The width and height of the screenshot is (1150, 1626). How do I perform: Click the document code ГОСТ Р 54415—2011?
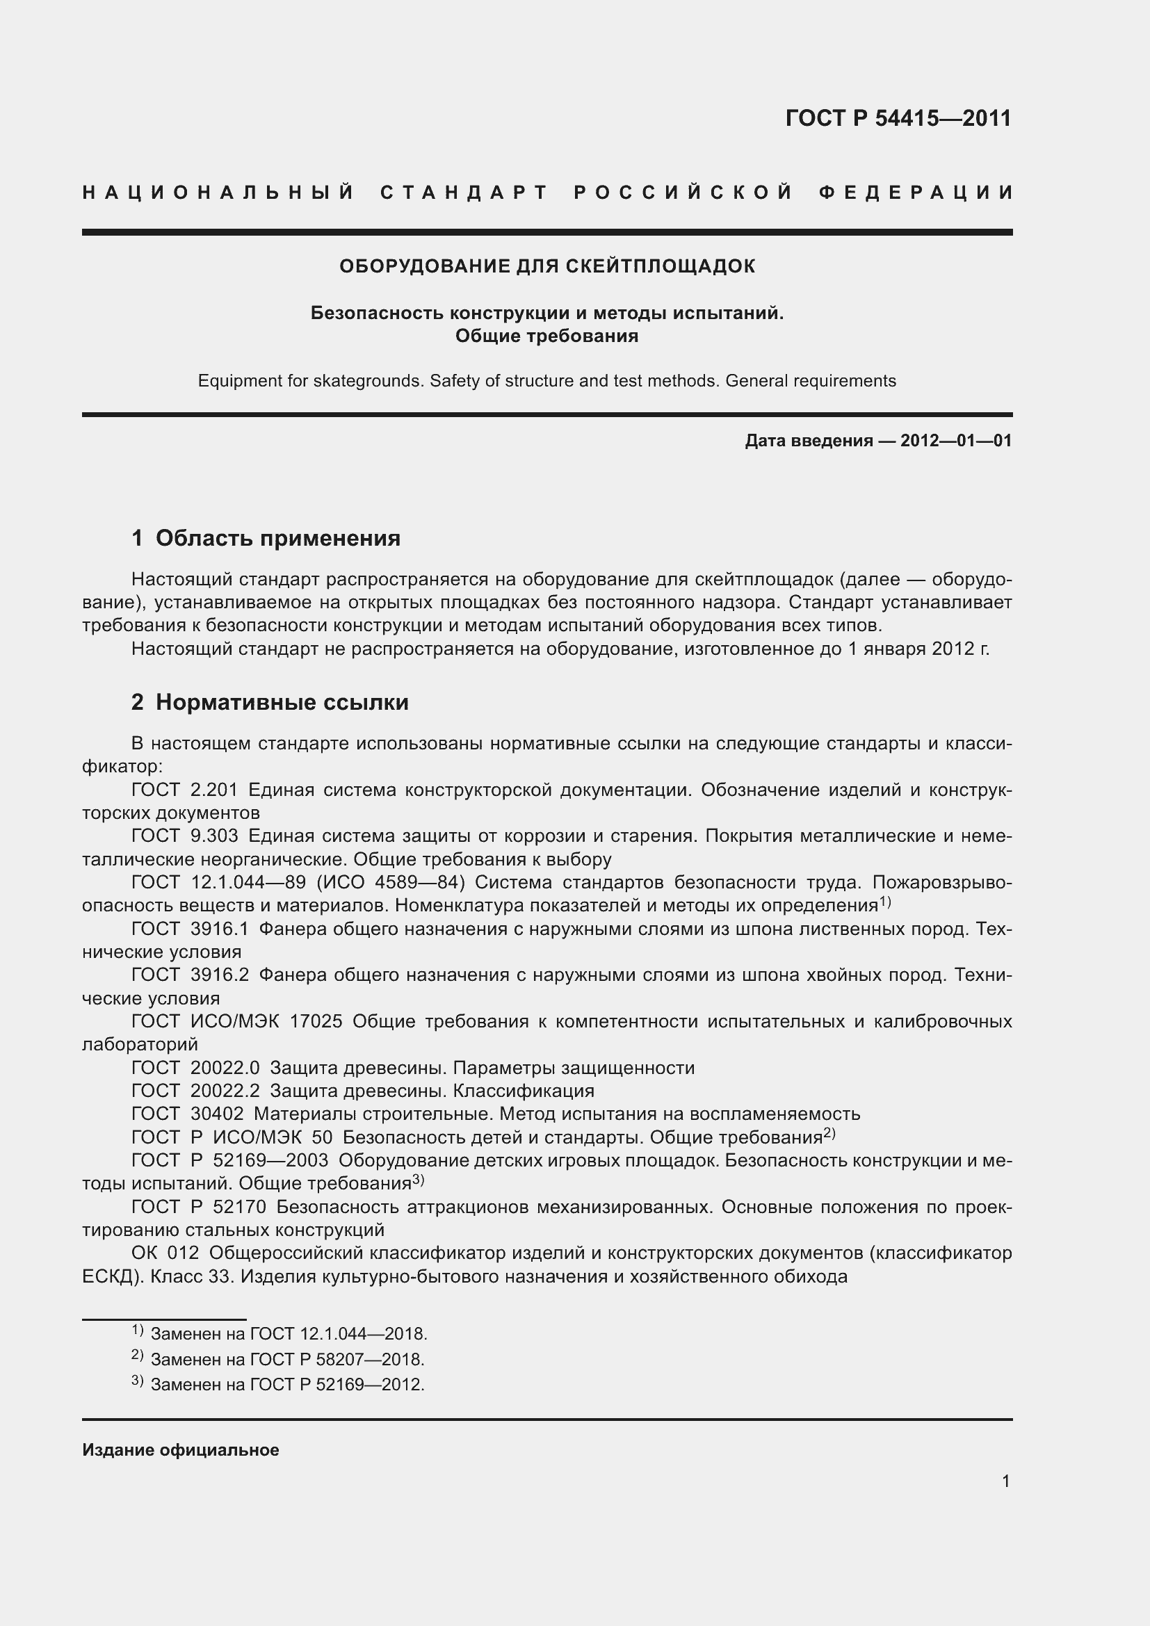pyautogui.click(x=898, y=118)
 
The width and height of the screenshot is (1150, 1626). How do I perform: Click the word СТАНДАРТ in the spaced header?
pyautogui.click(x=464, y=193)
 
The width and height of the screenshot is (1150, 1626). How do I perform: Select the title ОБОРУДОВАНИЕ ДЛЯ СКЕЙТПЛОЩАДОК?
pyautogui.click(x=546, y=266)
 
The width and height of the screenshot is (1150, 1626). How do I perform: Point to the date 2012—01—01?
pyautogui.click(x=955, y=441)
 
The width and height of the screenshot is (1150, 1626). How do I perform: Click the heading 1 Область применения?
pyautogui.click(x=266, y=538)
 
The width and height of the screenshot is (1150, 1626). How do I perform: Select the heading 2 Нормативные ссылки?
pyautogui.click(x=270, y=703)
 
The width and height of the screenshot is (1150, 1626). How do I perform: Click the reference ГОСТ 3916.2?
pyautogui.click(x=190, y=975)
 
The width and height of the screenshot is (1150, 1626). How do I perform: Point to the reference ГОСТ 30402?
pyautogui.click(x=188, y=1114)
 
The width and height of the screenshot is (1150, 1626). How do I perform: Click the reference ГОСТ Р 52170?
pyautogui.click(x=199, y=1207)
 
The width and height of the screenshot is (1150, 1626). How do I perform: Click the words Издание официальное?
pyautogui.click(x=181, y=1450)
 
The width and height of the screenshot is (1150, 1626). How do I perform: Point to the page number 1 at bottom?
pyautogui.click(x=1005, y=1481)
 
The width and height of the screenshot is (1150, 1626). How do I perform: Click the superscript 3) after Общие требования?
pyautogui.click(x=418, y=1180)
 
